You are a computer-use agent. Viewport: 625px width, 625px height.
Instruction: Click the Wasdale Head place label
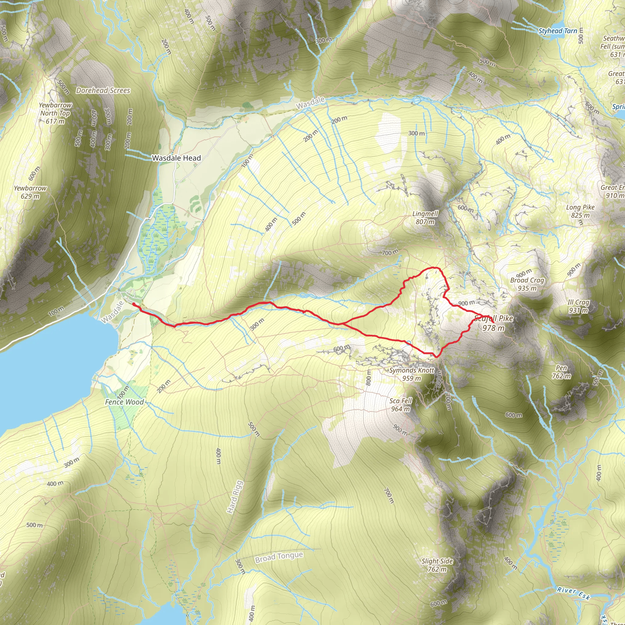[176, 158]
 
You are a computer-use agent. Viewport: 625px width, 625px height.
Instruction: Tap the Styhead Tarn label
[557, 31]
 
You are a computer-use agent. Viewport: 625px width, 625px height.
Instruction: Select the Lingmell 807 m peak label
[425, 218]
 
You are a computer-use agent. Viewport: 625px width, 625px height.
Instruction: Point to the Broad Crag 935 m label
[527, 284]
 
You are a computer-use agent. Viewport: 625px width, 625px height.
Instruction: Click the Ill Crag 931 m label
[578, 306]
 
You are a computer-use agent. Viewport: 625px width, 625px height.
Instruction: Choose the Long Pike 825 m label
[580, 211]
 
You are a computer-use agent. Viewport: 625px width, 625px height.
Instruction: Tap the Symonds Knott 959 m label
[411, 374]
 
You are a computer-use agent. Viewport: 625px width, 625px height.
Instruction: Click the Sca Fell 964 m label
[400, 405]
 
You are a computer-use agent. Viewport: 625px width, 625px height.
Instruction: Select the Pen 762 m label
[561, 372]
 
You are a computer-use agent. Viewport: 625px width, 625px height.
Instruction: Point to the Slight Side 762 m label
[437, 565]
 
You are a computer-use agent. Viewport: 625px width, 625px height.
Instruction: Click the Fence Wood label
[124, 402]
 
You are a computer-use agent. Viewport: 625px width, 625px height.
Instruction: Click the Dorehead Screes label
[103, 91]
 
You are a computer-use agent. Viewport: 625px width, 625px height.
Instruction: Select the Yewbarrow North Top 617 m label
[55, 113]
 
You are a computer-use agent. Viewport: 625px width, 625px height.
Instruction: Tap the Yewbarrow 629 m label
[30, 192]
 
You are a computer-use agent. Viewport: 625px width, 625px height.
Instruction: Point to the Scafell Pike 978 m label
[493, 323]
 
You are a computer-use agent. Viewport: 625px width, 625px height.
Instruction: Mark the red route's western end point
[133, 304]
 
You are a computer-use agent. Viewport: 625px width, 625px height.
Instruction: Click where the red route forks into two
[340, 323]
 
